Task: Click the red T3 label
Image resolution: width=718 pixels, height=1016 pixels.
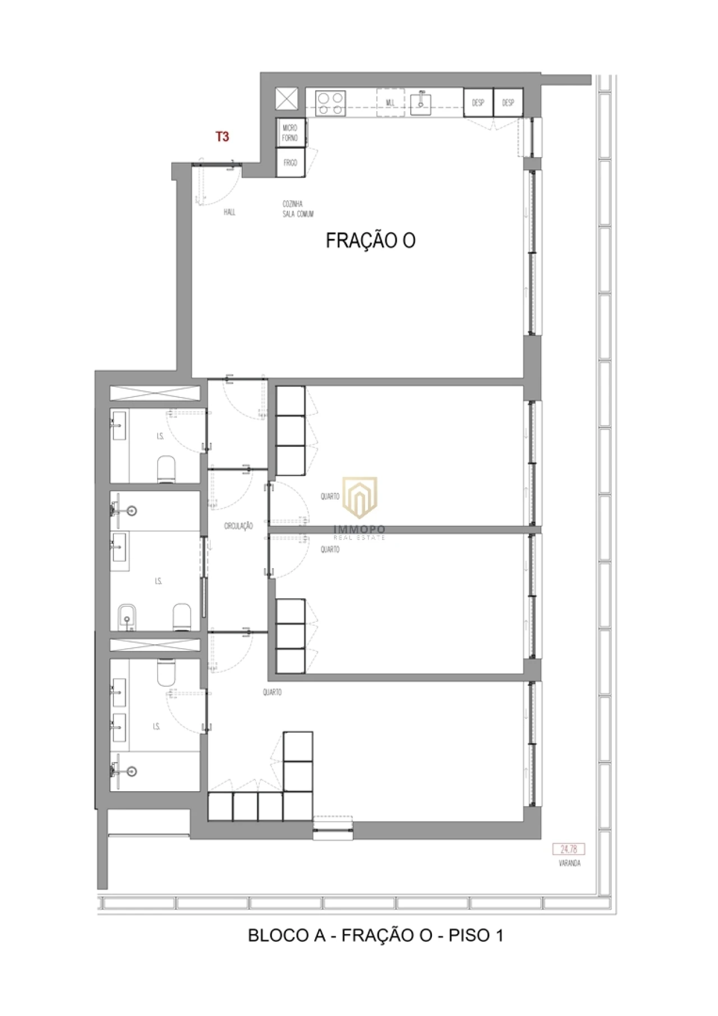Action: click(x=222, y=136)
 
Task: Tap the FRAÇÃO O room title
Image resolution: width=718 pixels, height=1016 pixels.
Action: click(x=370, y=241)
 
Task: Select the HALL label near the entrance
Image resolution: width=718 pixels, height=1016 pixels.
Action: click(x=229, y=212)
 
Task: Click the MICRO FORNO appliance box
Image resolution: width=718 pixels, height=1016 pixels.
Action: click(x=290, y=133)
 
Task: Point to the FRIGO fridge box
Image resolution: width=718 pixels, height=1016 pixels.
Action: click(x=290, y=163)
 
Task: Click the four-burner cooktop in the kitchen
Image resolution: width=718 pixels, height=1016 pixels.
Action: click(x=330, y=104)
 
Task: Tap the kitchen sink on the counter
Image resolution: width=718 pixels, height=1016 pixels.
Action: click(x=421, y=103)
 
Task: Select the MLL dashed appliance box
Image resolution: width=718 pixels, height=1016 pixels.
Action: click(x=390, y=103)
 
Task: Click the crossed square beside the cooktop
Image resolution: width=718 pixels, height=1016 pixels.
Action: click(x=287, y=100)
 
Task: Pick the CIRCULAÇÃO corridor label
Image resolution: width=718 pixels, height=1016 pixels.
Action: click(x=238, y=526)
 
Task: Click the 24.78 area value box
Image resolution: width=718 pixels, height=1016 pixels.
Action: click(x=568, y=849)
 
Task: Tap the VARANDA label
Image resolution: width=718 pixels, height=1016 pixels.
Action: click(x=569, y=863)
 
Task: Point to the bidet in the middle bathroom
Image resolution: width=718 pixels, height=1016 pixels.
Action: click(x=127, y=617)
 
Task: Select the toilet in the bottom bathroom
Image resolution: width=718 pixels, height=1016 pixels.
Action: click(x=166, y=672)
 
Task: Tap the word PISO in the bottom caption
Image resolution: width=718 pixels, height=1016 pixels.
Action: click(x=468, y=935)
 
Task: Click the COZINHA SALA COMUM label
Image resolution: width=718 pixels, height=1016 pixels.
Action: click(x=298, y=209)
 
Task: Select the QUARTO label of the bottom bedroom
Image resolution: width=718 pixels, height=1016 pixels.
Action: click(x=272, y=692)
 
